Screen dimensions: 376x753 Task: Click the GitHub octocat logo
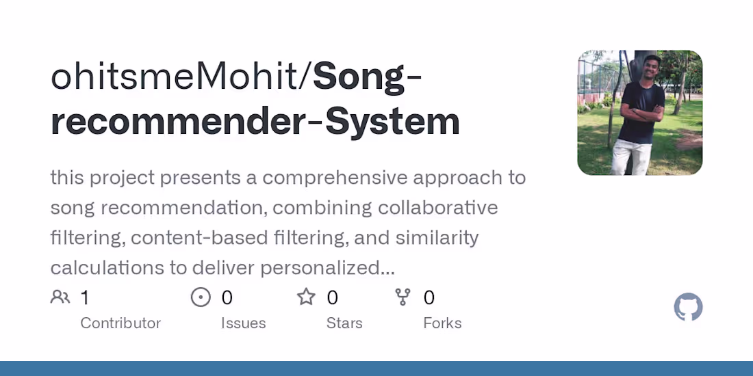click(688, 308)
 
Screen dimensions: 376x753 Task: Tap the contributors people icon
click(60, 297)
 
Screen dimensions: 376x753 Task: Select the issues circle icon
click(201, 297)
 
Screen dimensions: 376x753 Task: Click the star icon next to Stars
click(306, 297)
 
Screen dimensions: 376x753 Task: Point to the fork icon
click(403, 297)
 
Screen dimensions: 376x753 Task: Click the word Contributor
click(120, 323)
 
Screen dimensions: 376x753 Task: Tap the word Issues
click(243, 323)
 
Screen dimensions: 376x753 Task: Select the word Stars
click(344, 323)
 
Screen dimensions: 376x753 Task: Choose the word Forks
click(442, 323)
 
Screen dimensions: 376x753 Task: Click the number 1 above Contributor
click(85, 297)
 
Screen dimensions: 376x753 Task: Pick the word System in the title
click(392, 121)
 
